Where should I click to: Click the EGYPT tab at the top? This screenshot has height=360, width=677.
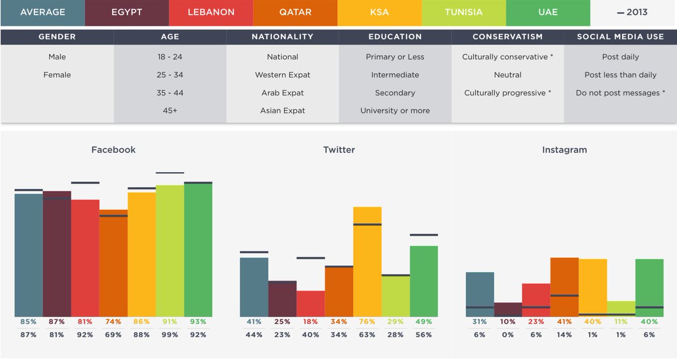click(127, 12)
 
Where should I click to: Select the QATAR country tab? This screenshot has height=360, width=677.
click(295, 12)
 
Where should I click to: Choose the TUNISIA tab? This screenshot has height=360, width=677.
click(463, 12)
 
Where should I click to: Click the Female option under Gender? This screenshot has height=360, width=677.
click(57, 75)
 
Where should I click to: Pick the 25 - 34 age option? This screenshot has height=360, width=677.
click(170, 75)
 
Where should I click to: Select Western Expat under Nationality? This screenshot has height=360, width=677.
click(283, 75)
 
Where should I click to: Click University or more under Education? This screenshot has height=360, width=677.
click(395, 111)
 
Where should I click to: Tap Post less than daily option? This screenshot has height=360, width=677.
click(621, 75)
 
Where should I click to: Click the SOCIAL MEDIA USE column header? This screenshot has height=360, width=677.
click(621, 37)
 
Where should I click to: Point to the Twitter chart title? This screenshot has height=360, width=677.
click(339, 150)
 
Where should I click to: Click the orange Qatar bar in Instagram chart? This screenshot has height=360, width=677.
click(564, 287)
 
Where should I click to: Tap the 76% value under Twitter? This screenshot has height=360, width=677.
click(367, 322)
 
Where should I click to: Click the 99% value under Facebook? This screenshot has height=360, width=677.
click(170, 335)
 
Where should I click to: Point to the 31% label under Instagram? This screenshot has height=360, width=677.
click(480, 322)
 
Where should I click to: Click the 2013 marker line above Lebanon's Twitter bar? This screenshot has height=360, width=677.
click(311, 258)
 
